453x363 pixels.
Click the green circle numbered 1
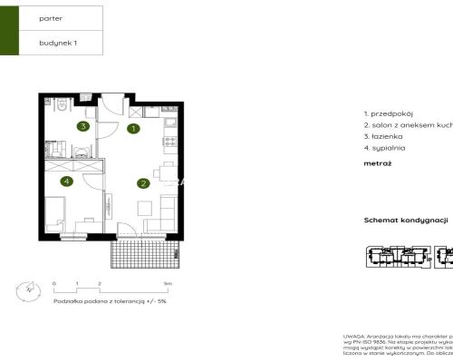pyautogui.click(x=133, y=129)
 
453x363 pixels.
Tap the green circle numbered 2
pyautogui.click(x=143, y=183)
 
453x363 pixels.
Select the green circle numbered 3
pyautogui.click(x=82, y=126)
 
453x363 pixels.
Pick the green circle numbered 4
pyautogui.click(x=67, y=181)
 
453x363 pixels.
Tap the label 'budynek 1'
pyautogui.click(x=57, y=43)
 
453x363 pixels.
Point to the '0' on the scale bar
pyautogui.click(x=53, y=284)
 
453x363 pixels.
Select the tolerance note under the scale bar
pyautogui.click(x=110, y=300)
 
